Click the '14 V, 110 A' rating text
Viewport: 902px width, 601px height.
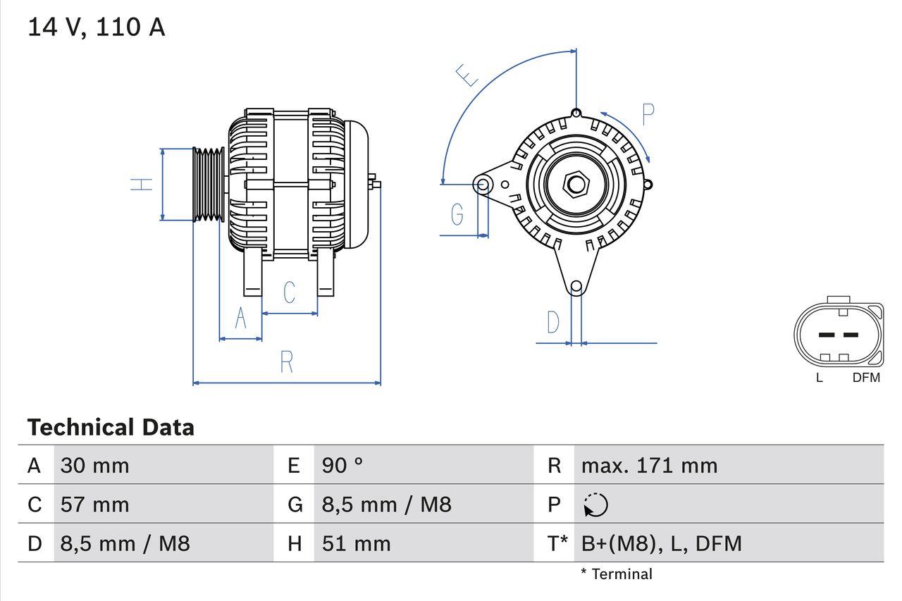(x=96, y=27)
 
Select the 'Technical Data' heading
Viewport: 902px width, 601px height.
(x=111, y=428)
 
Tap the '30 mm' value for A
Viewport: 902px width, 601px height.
(x=95, y=465)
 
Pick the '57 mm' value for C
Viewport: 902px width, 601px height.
(x=95, y=504)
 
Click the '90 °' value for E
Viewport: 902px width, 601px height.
(x=342, y=465)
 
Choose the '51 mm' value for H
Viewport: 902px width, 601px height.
(x=356, y=543)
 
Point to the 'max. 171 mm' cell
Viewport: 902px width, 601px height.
(x=649, y=465)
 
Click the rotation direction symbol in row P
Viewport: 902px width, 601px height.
(x=595, y=505)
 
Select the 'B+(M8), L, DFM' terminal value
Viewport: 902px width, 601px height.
(x=661, y=543)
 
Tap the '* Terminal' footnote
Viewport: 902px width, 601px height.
(x=617, y=574)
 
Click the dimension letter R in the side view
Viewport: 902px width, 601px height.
(x=286, y=362)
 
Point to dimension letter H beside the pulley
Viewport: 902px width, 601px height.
(x=142, y=185)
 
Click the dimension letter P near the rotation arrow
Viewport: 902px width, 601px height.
(x=648, y=114)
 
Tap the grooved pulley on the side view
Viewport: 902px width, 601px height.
(x=209, y=184)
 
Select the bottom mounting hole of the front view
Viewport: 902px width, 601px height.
(x=576, y=286)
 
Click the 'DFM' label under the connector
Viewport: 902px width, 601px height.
(x=866, y=378)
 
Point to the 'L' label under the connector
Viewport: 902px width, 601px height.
(x=819, y=378)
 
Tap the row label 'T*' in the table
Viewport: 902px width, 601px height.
(x=557, y=543)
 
